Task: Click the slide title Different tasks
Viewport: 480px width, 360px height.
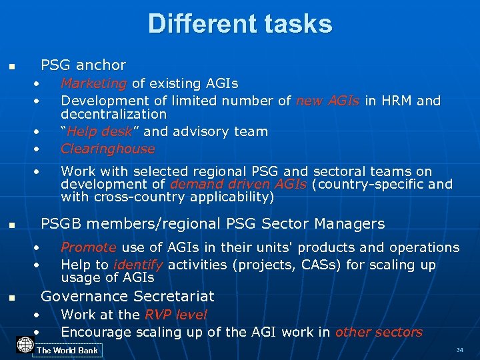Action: tap(240, 24)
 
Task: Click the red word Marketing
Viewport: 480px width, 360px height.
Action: tap(93, 83)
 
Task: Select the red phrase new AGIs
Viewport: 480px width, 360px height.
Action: tap(327, 101)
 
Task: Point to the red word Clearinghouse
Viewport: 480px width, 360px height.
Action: tap(107, 149)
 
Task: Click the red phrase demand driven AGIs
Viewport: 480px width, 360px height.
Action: tap(238, 184)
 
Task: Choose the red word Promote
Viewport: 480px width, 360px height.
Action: tap(88, 247)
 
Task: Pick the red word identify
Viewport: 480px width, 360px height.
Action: tap(139, 265)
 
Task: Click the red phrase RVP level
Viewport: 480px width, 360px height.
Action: tap(176, 315)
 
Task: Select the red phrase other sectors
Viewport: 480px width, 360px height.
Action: tap(379, 332)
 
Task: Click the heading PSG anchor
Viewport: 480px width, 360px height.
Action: tap(83, 65)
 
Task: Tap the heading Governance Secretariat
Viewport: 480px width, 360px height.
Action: tap(127, 296)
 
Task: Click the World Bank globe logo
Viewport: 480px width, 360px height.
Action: tap(25, 345)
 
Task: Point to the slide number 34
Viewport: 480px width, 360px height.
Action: tap(459, 350)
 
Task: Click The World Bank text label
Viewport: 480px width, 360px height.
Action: tap(67, 351)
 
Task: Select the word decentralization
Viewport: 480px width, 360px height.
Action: tap(113, 114)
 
